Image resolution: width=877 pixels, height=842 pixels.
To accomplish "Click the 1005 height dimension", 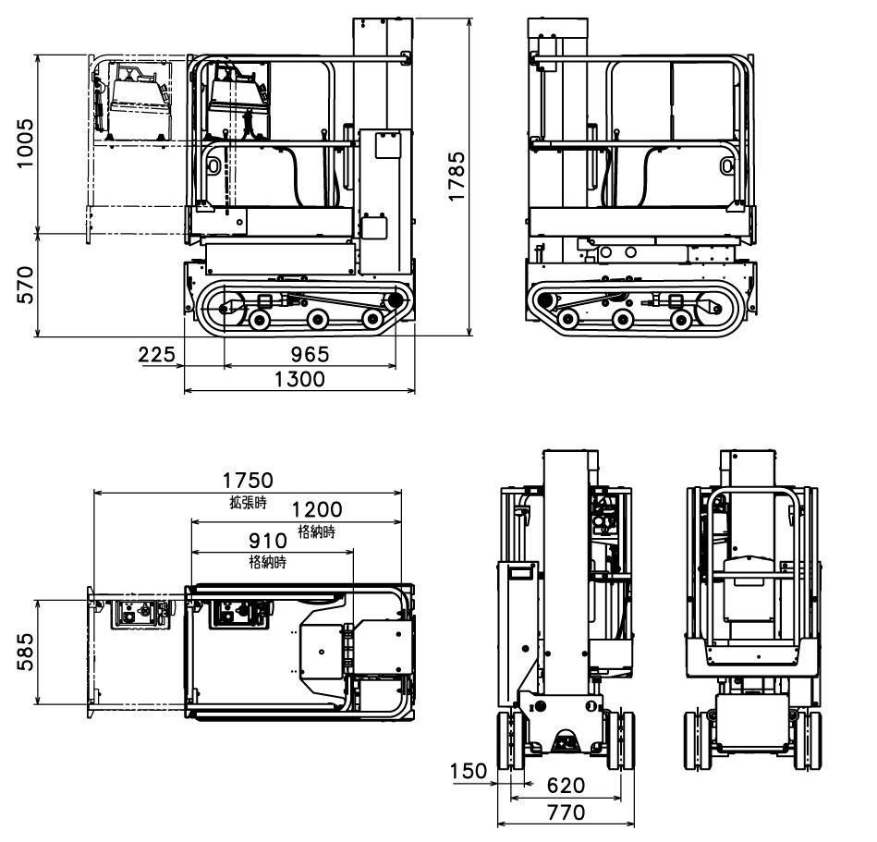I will click(x=25, y=143).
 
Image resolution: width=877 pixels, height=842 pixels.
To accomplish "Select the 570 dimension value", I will click(x=25, y=285).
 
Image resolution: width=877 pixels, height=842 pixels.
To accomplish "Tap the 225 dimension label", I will click(x=157, y=355).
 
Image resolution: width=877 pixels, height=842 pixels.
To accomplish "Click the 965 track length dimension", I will click(x=310, y=355).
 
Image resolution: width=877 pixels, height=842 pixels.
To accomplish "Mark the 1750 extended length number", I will click(x=248, y=481).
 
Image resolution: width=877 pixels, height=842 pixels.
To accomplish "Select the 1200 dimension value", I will click(x=316, y=510).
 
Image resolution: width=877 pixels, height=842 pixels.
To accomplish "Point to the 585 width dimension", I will click(x=25, y=654).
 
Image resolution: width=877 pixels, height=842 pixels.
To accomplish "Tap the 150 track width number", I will click(x=469, y=771).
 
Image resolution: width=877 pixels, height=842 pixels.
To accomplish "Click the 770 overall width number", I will click(x=566, y=812).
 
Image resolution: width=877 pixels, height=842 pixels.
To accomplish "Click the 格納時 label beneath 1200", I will click(x=316, y=531).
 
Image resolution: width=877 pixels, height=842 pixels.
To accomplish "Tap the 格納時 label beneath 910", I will click(x=268, y=562).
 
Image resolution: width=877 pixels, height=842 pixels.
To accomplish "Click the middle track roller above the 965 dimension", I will click(x=317, y=320).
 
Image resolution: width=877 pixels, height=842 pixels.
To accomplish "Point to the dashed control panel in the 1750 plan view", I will click(x=141, y=615).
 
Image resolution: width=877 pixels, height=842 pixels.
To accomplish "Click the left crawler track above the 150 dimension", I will click(x=507, y=739).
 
